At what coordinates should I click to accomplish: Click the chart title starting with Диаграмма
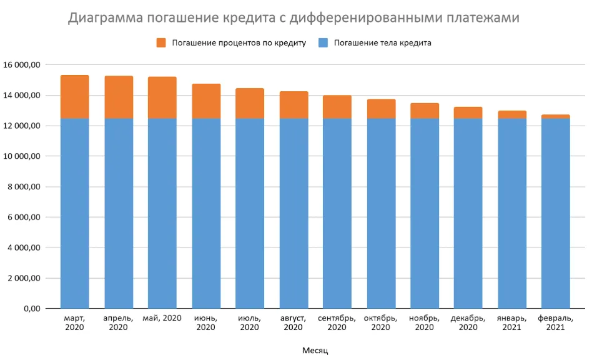[294, 18]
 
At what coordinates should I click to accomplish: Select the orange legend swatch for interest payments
[162, 43]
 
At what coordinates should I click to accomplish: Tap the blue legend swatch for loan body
[323, 43]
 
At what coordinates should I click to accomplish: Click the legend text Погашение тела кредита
[382, 43]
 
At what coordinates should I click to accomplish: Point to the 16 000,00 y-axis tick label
[22, 65]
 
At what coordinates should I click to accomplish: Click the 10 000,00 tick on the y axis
[22, 156]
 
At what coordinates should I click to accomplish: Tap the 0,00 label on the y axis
[31, 309]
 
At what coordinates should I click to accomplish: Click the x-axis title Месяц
[315, 350]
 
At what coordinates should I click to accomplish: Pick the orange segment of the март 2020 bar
[75, 97]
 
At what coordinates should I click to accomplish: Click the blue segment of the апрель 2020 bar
[119, 212]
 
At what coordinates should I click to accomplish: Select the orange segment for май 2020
[162, 97]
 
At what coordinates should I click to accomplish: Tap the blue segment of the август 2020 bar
[294, 212]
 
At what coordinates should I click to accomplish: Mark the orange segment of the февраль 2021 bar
[555, 116]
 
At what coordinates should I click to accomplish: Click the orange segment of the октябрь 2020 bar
[381, 109]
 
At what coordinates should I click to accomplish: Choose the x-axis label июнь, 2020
[206, 322]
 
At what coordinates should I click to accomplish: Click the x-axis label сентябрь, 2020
[337, 322]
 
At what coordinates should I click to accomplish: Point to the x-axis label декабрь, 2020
[468, 322]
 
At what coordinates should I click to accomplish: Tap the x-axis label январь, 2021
[511, 322]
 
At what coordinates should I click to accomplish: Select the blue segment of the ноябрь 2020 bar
[425, 212]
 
